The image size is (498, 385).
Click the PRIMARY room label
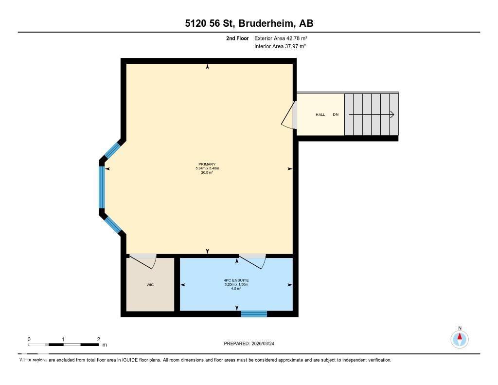coord(207,165)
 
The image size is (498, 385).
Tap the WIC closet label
coord(150,285)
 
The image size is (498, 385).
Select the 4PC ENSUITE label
coord(237,280)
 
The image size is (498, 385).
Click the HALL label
coord(320,115)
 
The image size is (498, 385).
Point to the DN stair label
coord(336,115)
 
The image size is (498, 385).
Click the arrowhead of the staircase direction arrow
coord(391,114)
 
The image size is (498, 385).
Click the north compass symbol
coord(460,338)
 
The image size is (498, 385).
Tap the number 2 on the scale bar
coord(98,339)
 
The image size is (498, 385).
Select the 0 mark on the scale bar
coord(29,339)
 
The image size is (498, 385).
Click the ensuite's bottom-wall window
coord(254,314)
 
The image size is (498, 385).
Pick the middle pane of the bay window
coord(102,187)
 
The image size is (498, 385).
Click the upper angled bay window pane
coord(112,150)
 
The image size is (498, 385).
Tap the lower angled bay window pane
coord(113,224)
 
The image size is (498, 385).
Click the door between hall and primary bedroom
coord(290,115)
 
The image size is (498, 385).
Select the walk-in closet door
coord(143,260)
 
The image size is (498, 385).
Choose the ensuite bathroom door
coord(252,260)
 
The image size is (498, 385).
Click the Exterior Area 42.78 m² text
coord(281,38)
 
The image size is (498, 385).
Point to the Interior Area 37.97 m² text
coord(280,47)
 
